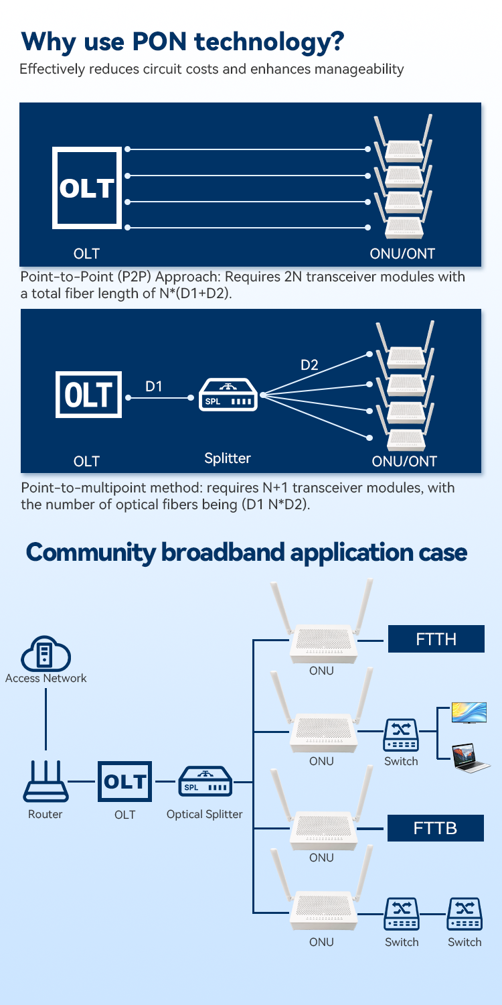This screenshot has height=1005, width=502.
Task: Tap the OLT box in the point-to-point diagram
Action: [x=87, y=188]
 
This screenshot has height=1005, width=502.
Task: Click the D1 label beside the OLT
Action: [x=154, y=387]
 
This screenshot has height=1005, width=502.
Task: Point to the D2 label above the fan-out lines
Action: [x=309, y=365]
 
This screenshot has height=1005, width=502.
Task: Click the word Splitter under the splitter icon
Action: [x=228, y=459]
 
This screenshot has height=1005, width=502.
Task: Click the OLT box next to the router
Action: [x=124, y=781]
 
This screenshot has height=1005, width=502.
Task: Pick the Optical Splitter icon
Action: [x=205, y=782]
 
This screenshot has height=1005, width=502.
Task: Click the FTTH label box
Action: [x=436, y=639]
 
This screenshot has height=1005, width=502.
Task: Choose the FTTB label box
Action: [x=436, y=828]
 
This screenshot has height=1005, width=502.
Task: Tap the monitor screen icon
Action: [x=469, y=713]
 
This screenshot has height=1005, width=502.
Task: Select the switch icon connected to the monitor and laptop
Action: [x=401, y=734]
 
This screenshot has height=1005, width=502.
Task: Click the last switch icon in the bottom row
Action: [x=465, y=915]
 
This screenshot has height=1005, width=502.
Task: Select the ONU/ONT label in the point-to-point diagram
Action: [x=403, y=254]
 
